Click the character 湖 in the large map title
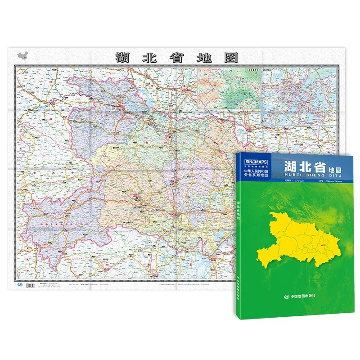tap(121, 57)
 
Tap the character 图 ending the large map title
tap(231, 57)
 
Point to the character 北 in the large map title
tap(148, 57)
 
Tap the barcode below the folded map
tap(30, 285)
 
